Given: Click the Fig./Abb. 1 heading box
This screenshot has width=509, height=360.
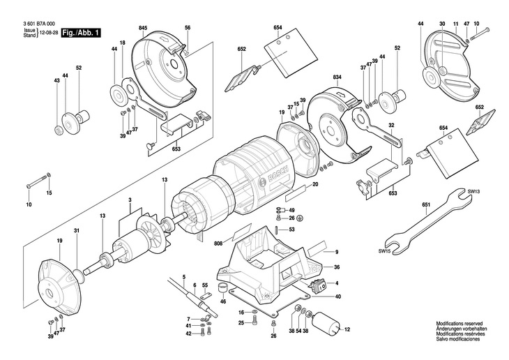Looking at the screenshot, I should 82,33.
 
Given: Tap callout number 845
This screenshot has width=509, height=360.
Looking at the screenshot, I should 143,27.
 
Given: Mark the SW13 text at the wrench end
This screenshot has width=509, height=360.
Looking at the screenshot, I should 474,191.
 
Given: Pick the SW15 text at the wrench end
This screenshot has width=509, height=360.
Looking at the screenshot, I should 385,251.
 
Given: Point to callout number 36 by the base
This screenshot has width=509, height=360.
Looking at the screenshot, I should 336,267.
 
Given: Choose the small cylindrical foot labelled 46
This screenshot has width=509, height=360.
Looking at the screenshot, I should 222,290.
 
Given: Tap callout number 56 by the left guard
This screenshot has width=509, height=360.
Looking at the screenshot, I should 188,27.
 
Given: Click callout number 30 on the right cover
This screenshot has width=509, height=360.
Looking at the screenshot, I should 441,24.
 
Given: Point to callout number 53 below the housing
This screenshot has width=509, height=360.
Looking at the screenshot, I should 291,229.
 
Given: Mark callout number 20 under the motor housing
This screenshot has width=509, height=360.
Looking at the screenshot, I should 315,184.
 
